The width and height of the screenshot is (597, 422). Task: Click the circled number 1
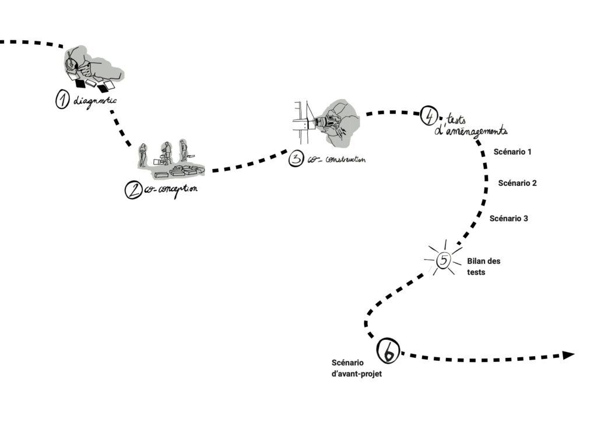pos(62,100)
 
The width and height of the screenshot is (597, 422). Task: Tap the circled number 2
pos(134,189)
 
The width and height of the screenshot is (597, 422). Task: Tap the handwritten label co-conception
pos(169,190)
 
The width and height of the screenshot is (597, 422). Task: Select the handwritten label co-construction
pos(336,159)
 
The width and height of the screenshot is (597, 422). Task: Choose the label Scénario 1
pos(512,152)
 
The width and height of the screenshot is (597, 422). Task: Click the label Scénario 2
pos(517,183)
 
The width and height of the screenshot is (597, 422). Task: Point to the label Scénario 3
pos(509,219)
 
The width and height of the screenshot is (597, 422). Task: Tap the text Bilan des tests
pos(483,266)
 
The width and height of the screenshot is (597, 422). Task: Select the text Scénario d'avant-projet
pos(356,368)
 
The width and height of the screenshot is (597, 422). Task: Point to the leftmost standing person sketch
pos(142,155)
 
